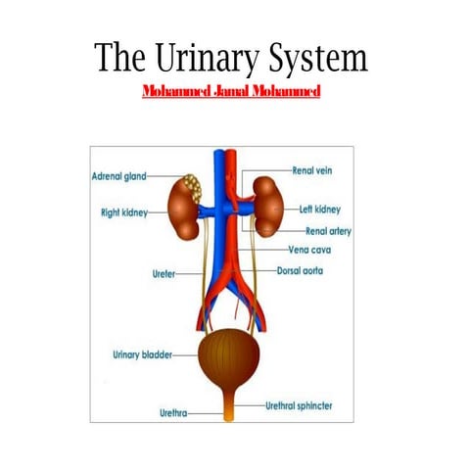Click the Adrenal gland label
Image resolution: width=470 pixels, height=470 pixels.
coord(118,177)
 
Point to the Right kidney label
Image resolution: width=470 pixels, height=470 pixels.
coord(123,211)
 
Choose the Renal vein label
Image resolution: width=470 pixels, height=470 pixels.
coord(312,170)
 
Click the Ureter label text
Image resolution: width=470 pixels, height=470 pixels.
coord(163,275)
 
